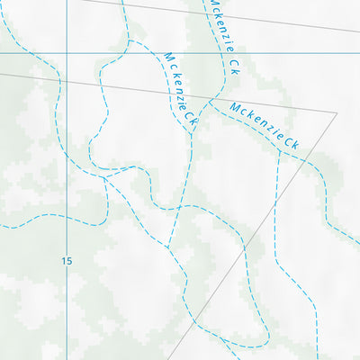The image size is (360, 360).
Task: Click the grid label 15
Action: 67,261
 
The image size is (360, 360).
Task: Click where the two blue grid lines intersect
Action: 66,53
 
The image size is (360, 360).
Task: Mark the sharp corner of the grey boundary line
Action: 337,113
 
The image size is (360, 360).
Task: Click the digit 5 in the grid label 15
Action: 69,261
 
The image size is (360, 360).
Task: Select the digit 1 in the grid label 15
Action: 64,261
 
